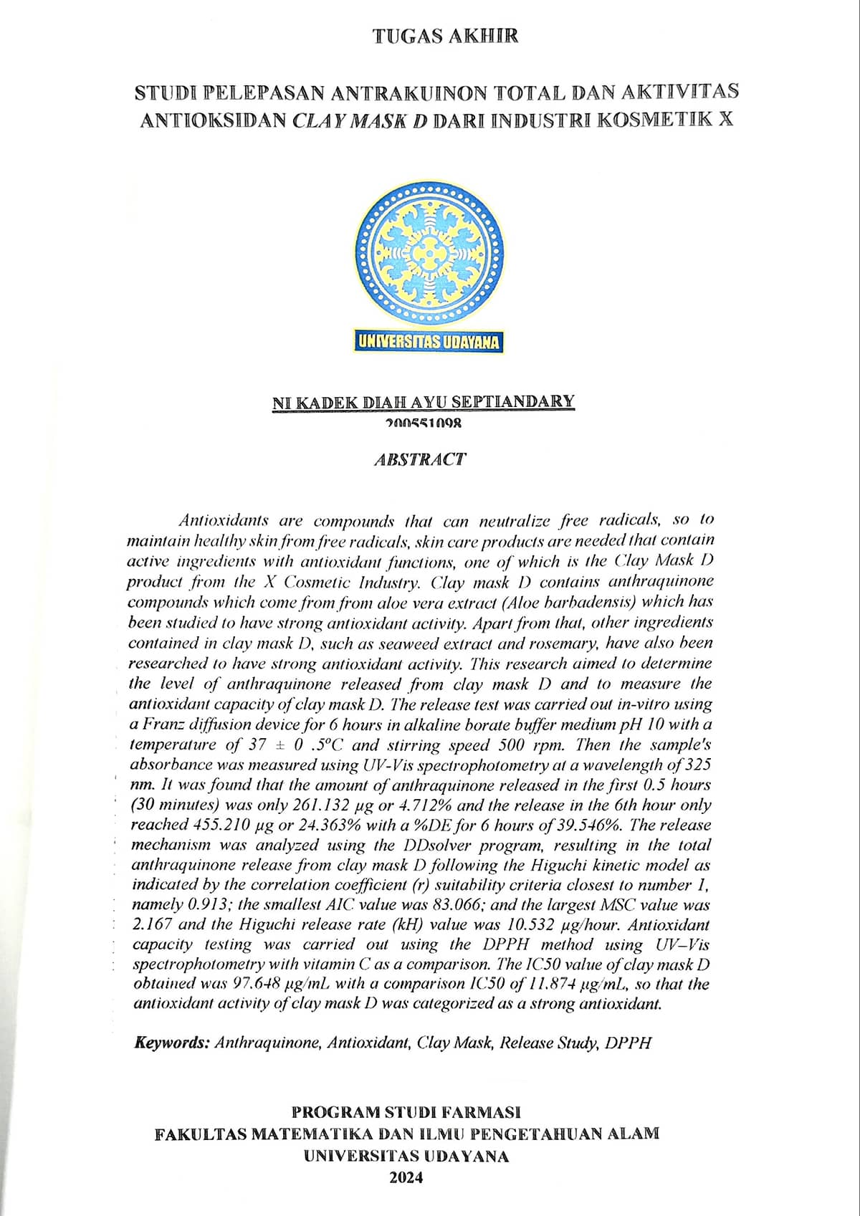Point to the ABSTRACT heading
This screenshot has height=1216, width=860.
coord(420,459)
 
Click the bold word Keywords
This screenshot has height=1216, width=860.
coord(172,1043)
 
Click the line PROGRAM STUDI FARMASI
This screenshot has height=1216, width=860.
coord(406,1112)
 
